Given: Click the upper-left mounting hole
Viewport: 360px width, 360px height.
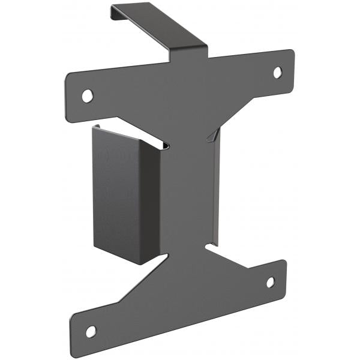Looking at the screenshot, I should [x=88, y=95].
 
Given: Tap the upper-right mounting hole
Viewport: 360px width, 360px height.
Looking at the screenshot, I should [x=278, y=72].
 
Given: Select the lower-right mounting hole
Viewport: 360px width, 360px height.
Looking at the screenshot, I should [x=271, y=281].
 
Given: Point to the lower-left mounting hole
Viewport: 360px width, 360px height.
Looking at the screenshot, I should [x=91, y=331].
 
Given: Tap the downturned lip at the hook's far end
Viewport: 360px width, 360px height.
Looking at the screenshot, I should [x=114, y=11].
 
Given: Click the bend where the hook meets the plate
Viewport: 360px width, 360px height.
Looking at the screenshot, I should [x=190, y=53].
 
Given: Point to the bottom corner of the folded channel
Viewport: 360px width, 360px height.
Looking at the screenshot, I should [x=139, y=263].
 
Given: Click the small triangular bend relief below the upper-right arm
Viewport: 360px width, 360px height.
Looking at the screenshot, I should [x=211, y=137].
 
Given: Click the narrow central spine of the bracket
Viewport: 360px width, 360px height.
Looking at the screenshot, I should [x=186, y=192].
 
